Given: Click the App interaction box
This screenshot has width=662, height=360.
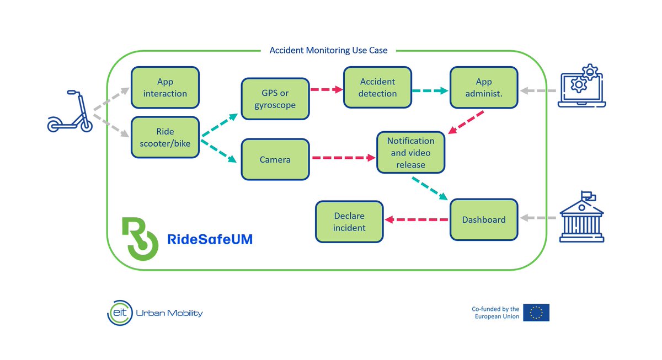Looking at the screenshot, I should pyautogui.click(x=165, y=88).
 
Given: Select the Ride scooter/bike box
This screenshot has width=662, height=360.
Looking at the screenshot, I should pyautogui.click(x=165, y=137).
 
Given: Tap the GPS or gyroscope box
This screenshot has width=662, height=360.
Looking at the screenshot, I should pyautogui.click(x=275, y=99).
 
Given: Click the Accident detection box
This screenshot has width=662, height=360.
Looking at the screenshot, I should pyautogui.click(x=377, y=88).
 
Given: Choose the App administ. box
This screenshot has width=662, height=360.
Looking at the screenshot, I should pyautogui.click(x=484, y=88).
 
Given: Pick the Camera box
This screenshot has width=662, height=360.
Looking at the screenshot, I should pyautogui.click(x=275, y=160).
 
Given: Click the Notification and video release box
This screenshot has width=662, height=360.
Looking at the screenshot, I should pyautogui.click(x=410, y=152).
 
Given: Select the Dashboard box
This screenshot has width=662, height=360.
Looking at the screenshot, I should pyautogui.click(x=484, y=219).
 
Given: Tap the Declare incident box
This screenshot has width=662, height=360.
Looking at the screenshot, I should pyautogui.click(x=349, y=222).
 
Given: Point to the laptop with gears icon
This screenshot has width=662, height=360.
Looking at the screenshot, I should pyautogui.click(x=583, y=86).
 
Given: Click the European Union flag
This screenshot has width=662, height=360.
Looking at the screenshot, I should pyautogui.click(x=536, y=313).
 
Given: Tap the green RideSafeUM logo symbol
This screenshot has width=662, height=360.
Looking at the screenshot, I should pyautogui.click(x=138, y=238).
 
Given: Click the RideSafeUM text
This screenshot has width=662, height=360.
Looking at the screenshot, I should pyautogui.click(x=210, y=239).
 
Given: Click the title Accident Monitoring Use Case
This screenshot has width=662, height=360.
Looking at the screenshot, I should pyautogui.click(x=328, y=50).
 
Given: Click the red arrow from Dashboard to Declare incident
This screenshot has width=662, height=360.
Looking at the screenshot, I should pyautogui.click(x=417, y=219).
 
